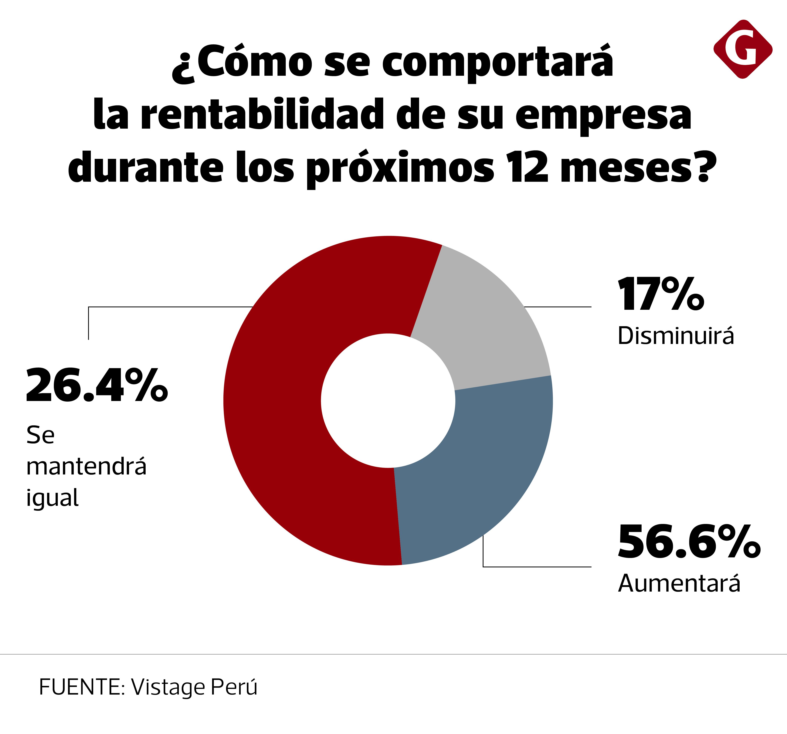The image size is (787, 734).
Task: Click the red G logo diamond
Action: tap(743, 49)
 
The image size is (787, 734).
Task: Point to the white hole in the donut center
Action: tap(388, 401)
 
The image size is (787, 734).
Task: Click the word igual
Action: tap(52, 498)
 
